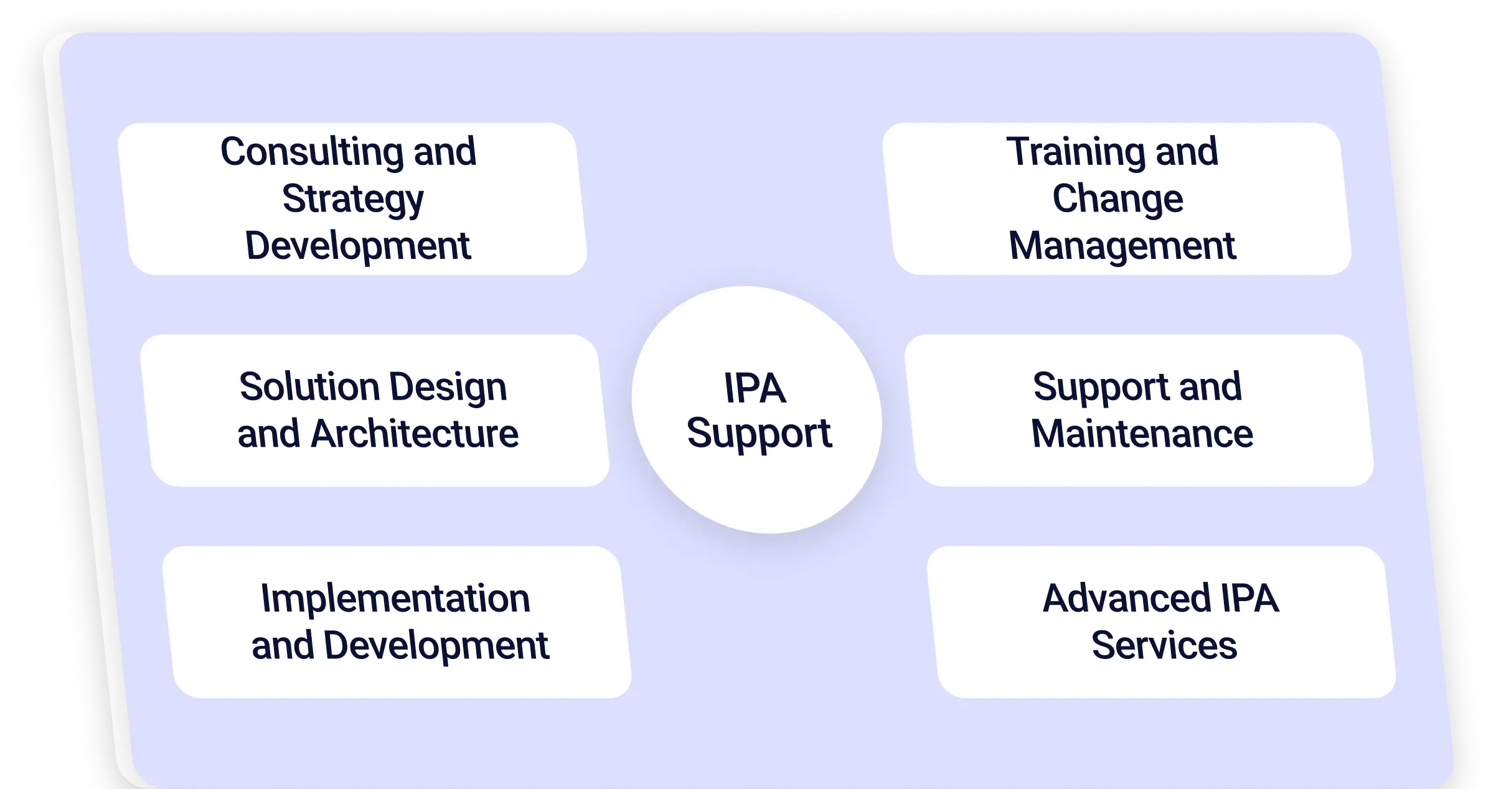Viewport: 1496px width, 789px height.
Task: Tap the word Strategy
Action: [353, 200]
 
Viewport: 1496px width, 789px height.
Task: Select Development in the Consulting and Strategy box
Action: [358, 245]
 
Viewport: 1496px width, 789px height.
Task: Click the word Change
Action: [1117, 199]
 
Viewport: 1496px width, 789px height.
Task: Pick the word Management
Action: [1122, 246]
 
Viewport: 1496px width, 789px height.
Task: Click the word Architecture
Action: [414, 434]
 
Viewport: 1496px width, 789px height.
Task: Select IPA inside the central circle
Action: [755, 388]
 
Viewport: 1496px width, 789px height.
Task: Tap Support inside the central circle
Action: [759, 434]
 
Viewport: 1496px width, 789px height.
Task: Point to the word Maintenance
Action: [1142, 434]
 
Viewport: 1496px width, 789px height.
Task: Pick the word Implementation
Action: [395, 599]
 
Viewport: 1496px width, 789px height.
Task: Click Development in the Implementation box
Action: [436, 646]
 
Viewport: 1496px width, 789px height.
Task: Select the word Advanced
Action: [1126, 599]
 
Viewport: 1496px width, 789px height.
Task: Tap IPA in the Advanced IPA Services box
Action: [1249, 599]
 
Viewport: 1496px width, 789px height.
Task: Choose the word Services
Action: [1164, 645]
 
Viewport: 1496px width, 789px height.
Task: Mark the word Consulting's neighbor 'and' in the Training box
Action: [1187, 151]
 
